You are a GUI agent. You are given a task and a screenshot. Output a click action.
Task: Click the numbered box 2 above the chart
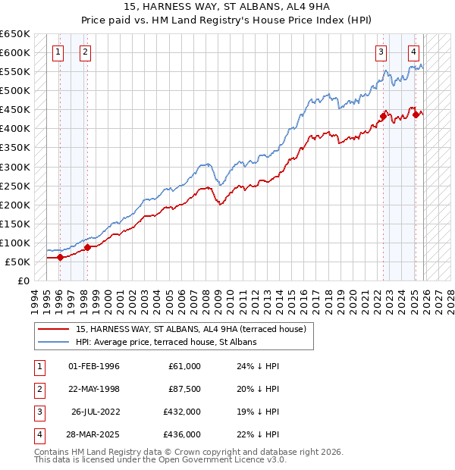[x=85, y=52]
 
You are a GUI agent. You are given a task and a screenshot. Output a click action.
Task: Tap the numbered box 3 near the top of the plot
[x=381, y=52]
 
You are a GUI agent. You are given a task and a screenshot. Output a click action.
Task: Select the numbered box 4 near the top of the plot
[x=413, y=52]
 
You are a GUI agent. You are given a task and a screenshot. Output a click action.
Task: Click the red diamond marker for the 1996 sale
[x=60, y=257]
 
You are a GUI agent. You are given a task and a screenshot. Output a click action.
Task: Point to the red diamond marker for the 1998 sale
[x=88, y=247]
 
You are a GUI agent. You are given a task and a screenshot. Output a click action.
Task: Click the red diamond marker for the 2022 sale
[x=384, y=116]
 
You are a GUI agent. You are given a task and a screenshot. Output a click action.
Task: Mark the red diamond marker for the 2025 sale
[x=416, y=114]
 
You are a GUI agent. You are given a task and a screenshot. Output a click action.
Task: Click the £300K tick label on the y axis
[x=15, y=167]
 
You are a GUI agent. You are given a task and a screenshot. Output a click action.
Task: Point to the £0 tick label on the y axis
[x=23, y=280]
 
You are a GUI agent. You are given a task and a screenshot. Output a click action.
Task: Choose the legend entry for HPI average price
[x=166, y=342]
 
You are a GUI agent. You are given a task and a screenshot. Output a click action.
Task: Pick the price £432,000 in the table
[x=182, y=413]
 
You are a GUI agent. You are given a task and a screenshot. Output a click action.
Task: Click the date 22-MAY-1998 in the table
[x=94, y=390]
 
